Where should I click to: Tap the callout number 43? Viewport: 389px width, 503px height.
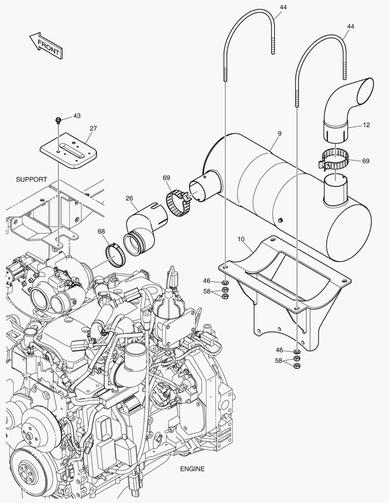[x=76, y=116]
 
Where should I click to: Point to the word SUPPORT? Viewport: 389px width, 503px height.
[x=31, y=179]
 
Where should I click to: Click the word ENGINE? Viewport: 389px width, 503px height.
[x=192, y=469]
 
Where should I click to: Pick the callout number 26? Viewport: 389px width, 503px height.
[x=129, y=198]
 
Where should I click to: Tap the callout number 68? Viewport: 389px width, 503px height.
[x=101, y=231]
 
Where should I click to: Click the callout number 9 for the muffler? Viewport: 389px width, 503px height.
[x=279, y=134]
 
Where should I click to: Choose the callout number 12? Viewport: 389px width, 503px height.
[x=366, y=125]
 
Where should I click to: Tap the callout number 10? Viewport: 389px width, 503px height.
[x=241, y=239]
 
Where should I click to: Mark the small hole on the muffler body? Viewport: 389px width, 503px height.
[x=280, y=218]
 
